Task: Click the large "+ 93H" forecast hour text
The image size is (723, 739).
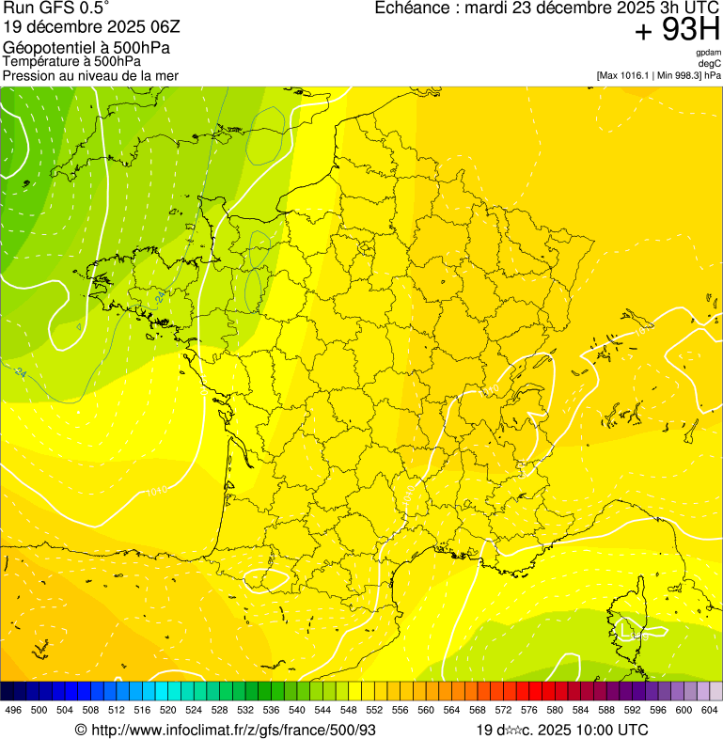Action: coord(677,31)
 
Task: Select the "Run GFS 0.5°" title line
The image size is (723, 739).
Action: coord(55,8)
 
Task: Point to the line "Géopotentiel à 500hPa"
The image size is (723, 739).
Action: coord(86,48)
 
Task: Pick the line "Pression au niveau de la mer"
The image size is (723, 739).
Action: coord(90,75)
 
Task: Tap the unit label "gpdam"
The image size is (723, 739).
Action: coord(708,53)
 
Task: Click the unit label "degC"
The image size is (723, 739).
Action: coord(710,64)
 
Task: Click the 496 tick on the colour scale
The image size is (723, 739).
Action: coord(13,711)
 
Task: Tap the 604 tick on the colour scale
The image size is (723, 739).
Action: coord(711,711)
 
